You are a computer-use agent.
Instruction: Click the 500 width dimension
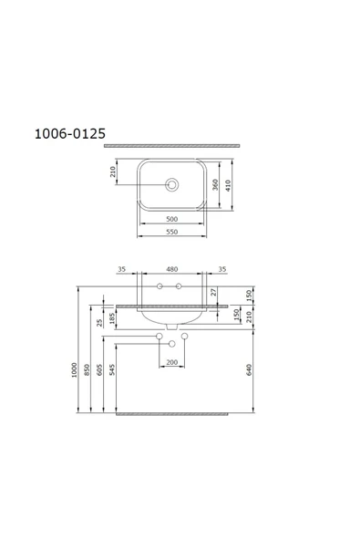[x=171, y=219]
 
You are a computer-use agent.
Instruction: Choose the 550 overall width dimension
[x=171, y=233]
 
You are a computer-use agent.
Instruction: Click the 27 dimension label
[x=213, y=292]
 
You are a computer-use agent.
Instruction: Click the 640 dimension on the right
[x=249, y=369]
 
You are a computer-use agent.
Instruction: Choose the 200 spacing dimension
[x=171, y=362]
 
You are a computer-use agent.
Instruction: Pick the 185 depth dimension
[x=113, y=318]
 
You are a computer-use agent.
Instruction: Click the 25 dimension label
[x=100, y=322]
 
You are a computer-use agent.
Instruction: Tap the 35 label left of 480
[x=121, y=270]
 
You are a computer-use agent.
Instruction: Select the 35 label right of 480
[x=221, y=270]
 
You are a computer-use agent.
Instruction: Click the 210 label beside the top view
[x=113, y=172]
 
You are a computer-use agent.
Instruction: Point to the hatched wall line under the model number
[x=172, y=145]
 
